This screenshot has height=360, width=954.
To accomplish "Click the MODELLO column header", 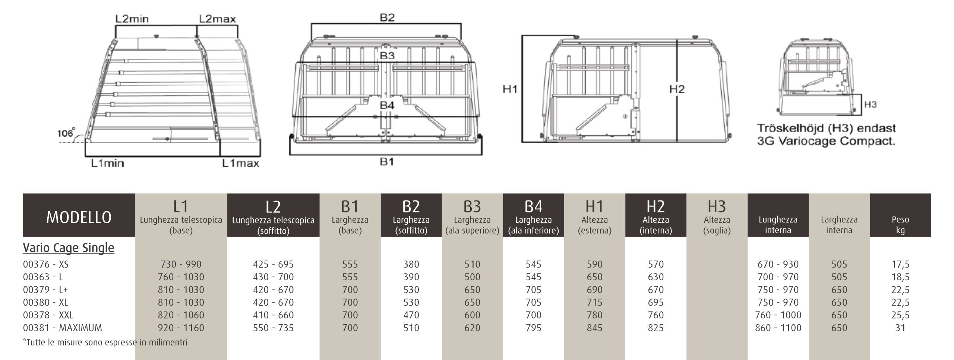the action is [x=79, y=217].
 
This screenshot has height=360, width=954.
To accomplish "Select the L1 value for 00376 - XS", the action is [x=181, y=264].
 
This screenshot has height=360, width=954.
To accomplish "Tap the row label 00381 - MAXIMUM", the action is [x=62, y=328].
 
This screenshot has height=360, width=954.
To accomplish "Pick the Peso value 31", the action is [x=900, y=328].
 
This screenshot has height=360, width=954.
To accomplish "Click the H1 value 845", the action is [x=594, y=328].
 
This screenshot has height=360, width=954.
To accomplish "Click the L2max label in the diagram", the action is [x=217, y=19].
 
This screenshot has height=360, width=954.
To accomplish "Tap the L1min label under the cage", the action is [x=108, y=163].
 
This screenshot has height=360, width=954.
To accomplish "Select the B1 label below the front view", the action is [x=387, y=162].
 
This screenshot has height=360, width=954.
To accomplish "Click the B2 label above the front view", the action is [x=387, y=18].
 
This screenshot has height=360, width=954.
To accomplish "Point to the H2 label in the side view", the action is [x=677, y=89].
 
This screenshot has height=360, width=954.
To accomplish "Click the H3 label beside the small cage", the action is [x=870, y=104].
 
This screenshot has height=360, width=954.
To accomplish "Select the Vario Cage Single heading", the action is [x=69, y=248].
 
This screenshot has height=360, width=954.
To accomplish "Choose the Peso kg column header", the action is [x=900, y=225].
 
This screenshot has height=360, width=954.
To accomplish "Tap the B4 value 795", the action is [x=533, y=328].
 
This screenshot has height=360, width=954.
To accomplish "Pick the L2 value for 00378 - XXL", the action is [x=273, y=315].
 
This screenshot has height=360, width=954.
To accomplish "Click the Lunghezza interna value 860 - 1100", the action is [x=778, y=328].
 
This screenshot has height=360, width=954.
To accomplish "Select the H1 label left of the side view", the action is [x=510, y=89].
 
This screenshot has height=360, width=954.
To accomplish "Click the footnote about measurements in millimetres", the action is [x=105, y=342].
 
